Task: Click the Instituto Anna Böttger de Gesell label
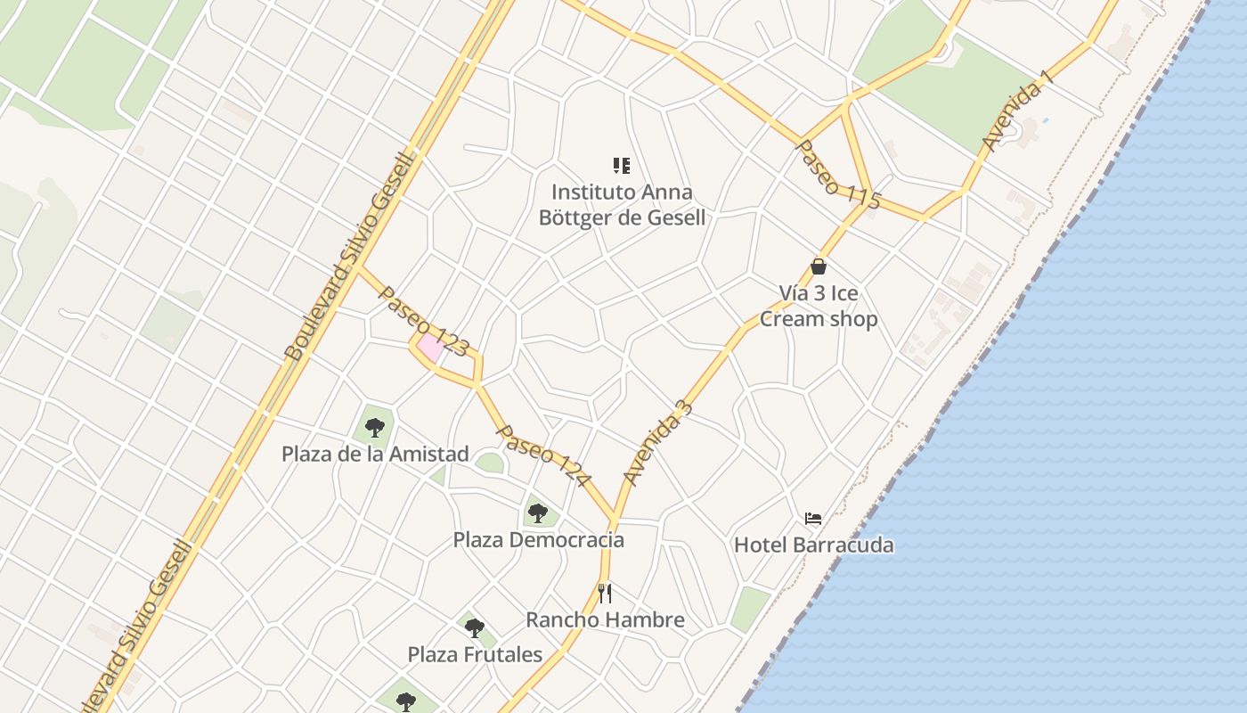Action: coord(622,205)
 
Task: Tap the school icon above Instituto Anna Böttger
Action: coord(622,165)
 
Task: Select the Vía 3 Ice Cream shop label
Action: coord(819,306)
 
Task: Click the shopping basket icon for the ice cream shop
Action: coord(819,266)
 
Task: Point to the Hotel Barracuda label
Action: coord(813,545)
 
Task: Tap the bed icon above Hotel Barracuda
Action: coord(812,518)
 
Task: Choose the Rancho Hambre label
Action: coord(605,619)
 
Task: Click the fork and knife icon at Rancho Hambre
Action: coord(605,593)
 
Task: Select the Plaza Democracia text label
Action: coord(538,540)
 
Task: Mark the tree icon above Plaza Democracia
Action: coord(537,512)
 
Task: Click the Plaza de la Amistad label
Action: coord(375,454)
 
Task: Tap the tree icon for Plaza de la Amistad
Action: coord(374,427)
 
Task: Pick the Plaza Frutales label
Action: coord(475,654)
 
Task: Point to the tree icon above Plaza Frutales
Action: coord(474,627)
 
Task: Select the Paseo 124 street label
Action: coord(543,455)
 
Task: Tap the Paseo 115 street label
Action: coord(837,175)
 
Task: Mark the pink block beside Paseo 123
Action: coord(431,348)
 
